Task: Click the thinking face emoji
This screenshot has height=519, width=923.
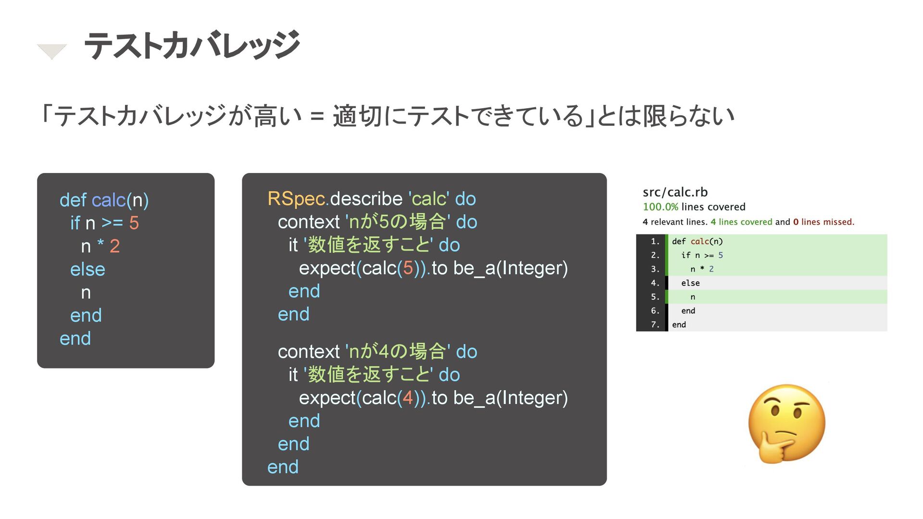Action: click(x=786, y=424)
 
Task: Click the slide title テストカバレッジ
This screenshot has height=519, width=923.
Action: click(x=192, y=46)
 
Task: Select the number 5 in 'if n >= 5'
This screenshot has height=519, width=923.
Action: click(x=134, y=223)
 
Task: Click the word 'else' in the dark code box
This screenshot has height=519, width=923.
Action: click(x=87, y=269)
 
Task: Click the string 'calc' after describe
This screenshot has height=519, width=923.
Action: click(x=429, y=199)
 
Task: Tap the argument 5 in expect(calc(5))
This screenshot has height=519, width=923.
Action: click(x=408, y=268)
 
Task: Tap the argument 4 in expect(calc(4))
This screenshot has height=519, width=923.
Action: click(x=408, y=398)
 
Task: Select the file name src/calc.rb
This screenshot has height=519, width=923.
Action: click(x=675, y=192)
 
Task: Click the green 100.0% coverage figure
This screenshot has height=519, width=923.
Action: click(x=661, y=207)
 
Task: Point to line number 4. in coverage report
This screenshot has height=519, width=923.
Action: click(x=655, y=283)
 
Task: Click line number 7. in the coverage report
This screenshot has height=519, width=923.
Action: click(x=655, y=325)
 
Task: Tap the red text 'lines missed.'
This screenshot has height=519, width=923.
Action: click(x=827, y=222)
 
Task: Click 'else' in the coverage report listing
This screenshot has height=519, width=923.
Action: click(x=690, y=283)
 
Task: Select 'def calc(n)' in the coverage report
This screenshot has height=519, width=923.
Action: click(x=697, y=241)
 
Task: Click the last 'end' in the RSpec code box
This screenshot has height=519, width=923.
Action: click(x=283, y=467)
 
